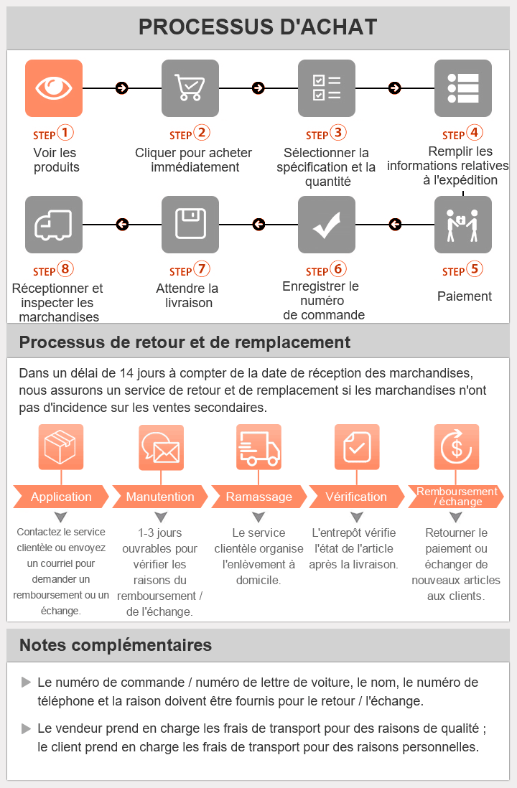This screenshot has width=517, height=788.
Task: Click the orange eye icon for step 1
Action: [x=54, y=88]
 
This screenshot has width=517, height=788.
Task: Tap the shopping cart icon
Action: [x=190, y=88]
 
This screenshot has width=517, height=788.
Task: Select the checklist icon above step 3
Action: [x=327, y=88]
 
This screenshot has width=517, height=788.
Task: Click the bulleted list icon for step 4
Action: [x=463, y=88]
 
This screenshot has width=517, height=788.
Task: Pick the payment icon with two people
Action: [x=463, y=225]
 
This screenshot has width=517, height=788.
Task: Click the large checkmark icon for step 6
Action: [x=327, y=225]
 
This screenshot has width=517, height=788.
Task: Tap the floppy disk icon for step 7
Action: [x=190, y=225]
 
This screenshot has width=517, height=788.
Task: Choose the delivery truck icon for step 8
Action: [x=54, y=225]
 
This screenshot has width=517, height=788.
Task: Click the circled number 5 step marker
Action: [x=475, y=270]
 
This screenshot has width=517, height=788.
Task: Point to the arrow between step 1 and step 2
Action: [x=122, y=88]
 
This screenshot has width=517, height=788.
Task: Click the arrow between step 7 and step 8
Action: [x=122, y=225]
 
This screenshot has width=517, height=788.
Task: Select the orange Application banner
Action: [x=61, y=497]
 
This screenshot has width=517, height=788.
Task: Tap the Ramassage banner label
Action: [x=258, y=497]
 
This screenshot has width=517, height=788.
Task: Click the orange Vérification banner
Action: [x=356, y=497]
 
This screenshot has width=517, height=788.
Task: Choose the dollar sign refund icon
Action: [x=457, y=447]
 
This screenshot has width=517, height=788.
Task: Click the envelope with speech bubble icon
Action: [x=161, y=447]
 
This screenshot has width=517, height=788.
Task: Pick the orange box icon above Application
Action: [x=61, y=447]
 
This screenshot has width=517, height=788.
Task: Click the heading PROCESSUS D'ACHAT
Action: [x=258, y=27]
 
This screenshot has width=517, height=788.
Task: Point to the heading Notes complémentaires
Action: [x=116, y=645]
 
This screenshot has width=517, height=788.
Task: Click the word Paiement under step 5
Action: [x=465, y=296]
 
